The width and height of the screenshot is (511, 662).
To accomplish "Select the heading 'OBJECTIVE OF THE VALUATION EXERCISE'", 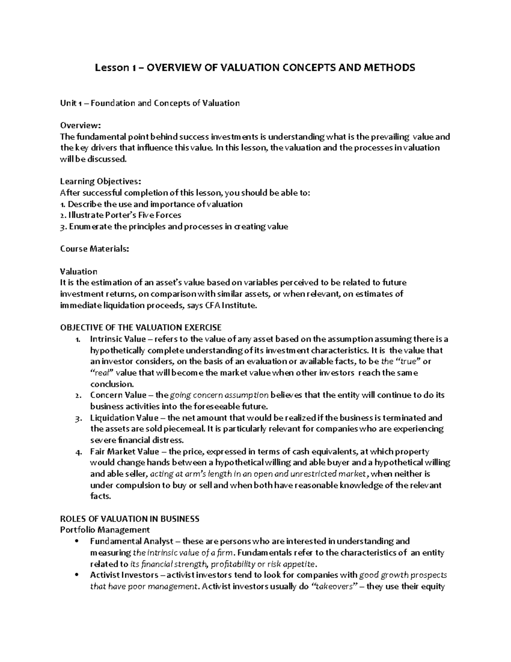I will [141, 327].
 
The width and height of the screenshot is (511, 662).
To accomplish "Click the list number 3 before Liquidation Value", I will [77, 418].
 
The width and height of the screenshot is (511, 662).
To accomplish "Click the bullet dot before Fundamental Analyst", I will [77, 541].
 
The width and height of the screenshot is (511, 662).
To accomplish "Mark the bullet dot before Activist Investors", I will [77, 575].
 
